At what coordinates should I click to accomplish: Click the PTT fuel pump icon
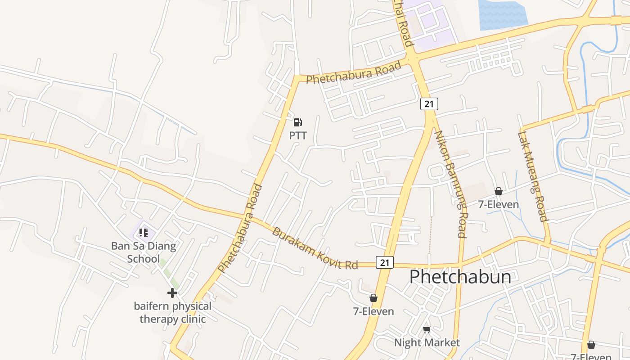pyautogui.click(x=297, y=122)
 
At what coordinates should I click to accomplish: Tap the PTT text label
pyautogui.click(x=298, y=135)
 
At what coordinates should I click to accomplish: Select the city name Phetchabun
pyautogui.click(x=460, y=277)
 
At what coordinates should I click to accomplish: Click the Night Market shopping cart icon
pyautogui.click(x=427, y=330)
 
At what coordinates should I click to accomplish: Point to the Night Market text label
pyautogui.click(x=427, y=342)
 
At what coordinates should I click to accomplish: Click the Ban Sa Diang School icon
pyautogui.click(x=144, y=233)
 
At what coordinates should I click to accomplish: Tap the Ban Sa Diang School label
pyautogui.click(x=144, y=252)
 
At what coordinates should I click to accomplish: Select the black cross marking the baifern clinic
pyautogui.click(x=172, y=293)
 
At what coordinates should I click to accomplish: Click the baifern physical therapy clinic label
pyautogui.click(x=172, y=313)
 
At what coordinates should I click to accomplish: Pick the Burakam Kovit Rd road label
pyautogui.click(x=315, y=249)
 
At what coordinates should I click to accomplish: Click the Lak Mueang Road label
pyautogui.click(x=533, y=176)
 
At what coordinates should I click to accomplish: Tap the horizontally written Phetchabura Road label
pyautogui.click(x=353, y=73)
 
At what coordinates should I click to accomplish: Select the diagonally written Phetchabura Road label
pyautogui.click(x=240, y=228)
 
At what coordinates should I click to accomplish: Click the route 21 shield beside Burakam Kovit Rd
pyautogui.click(x=384, y=263)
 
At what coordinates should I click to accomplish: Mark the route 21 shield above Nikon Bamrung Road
pyautogui.click(x=429, y=104)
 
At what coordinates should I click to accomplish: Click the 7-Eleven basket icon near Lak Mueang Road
pyautogui.click(x=498, y=191)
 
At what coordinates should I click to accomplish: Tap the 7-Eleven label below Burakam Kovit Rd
pyautogui.click(x=373, y=311)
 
